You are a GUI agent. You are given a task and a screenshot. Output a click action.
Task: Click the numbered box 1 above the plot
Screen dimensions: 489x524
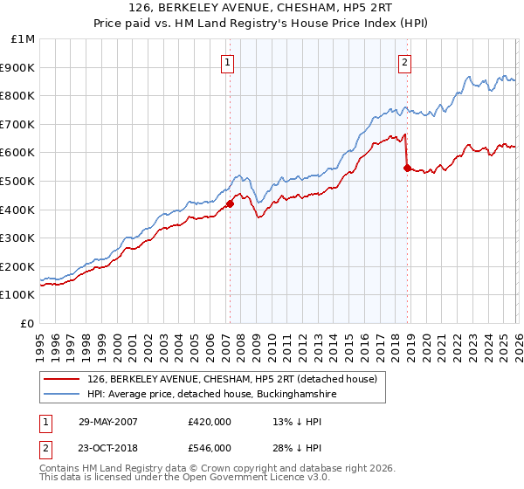tap(227, 62)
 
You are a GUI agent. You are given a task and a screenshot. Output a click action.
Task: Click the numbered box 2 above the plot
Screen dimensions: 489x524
tap(405, 62)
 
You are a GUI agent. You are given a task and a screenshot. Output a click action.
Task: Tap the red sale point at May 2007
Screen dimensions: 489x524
tap(230, 204)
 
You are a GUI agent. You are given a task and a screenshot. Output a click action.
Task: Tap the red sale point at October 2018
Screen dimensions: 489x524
tap(407, 168)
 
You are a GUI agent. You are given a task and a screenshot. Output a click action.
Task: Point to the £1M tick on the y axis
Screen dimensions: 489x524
tap(24, 39)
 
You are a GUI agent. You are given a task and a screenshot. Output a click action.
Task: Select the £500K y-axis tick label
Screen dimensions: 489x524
tap(19, 181)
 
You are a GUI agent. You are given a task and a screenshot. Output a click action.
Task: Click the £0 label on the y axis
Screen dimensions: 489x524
tap(26, 323)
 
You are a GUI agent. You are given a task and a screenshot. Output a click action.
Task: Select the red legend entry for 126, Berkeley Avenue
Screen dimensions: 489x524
tap(231, 379)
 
